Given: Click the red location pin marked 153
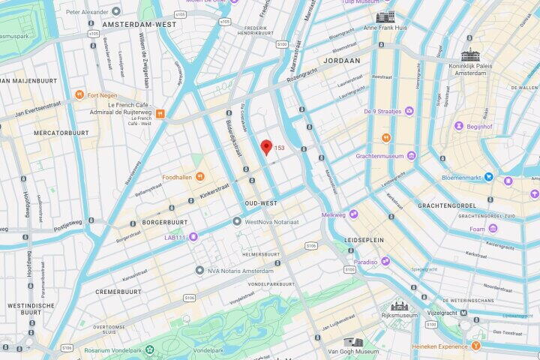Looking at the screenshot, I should [265, 147].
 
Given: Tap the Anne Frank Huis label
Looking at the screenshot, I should [385, 28].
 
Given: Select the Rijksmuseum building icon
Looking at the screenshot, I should [399, 305].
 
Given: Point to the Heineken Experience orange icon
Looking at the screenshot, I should [475, 346].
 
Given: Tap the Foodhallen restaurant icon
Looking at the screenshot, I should [199, 177].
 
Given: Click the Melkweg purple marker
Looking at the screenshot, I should [352, 214].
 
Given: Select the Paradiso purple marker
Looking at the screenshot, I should [385, 262].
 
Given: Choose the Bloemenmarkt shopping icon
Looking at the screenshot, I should [489, 177].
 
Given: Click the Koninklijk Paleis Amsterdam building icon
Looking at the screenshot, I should [470, 55].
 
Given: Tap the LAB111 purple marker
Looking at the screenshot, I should [193, 237].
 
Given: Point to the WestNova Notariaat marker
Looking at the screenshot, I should [237, 221].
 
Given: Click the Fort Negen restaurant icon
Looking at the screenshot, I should [79, 95].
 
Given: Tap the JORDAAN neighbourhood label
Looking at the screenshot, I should [341, 60].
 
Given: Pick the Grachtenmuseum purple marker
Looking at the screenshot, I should [411, 156].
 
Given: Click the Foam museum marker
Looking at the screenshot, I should [493, 229].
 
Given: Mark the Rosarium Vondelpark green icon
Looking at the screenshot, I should [150, 350].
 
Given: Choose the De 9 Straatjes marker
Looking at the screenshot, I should [409, 111].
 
